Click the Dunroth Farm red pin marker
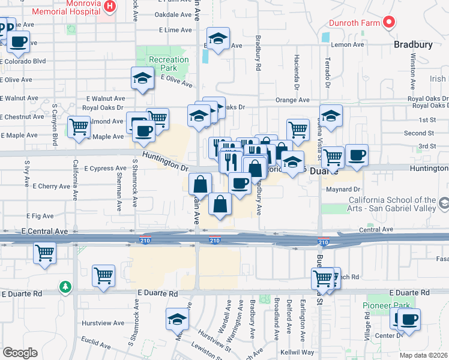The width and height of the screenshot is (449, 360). [389, 23]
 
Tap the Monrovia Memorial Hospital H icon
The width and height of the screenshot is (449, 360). [110, 7]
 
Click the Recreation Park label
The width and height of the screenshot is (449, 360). [169, 64]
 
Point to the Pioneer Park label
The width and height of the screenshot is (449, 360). [385, 305]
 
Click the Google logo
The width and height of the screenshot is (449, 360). [20, 353]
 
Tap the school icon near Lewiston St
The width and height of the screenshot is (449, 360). [177, 319]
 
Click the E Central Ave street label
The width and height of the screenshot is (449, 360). [44, 230]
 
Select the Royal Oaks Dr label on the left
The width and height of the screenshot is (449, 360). [103, 108]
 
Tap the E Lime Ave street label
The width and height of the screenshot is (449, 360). [175, 29]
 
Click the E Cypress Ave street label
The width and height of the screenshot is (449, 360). [105, 168]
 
